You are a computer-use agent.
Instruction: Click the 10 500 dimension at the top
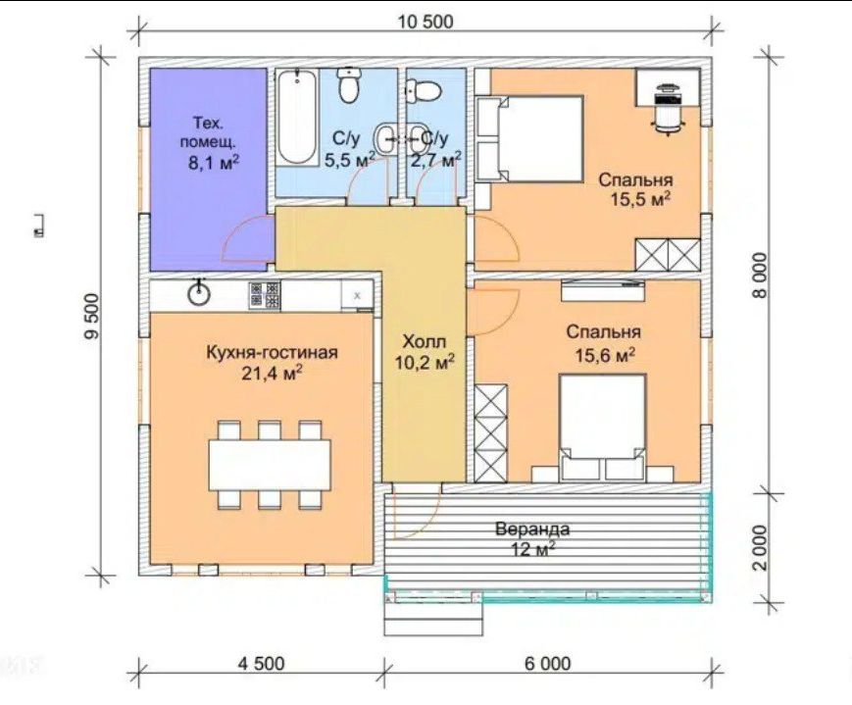426,22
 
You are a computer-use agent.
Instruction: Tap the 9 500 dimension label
92,317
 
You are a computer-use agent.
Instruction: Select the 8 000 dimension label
761,276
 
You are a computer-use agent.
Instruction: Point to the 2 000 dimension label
761,547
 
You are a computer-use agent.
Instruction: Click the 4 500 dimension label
260,663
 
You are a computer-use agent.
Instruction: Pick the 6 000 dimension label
548,663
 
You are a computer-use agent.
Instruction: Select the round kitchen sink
199,292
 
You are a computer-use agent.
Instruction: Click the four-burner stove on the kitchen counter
265,296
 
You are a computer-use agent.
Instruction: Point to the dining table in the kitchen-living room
270,465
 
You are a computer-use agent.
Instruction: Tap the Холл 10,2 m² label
425,352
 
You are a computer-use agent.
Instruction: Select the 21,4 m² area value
272,374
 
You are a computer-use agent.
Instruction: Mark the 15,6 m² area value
605,356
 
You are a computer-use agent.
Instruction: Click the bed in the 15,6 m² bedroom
603,428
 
